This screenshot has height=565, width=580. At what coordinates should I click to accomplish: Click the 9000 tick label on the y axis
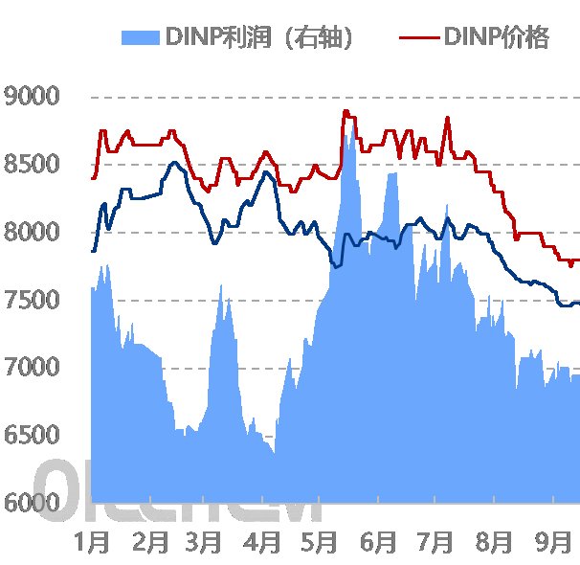(32, 97)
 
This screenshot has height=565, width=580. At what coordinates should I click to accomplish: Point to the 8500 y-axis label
(32, 165)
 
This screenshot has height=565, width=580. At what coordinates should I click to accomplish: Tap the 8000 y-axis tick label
(32, 233)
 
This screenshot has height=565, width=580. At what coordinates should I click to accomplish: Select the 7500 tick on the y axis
(32, 301)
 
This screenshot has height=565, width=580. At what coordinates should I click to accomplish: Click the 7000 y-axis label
(32, 368)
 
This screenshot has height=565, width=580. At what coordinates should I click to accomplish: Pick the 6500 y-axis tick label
(32, 436)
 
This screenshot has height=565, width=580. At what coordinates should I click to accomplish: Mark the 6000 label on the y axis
(32, 504)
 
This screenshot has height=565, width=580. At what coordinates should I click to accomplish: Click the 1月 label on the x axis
(93, 542)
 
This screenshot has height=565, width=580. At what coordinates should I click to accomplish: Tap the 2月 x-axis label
(150, 542)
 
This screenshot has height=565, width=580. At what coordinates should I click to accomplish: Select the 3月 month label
(206, 542)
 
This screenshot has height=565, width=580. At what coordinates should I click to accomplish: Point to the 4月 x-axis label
(263, 542)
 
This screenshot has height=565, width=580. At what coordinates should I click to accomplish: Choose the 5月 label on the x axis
(320, 542)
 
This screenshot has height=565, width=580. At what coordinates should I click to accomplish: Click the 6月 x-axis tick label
(378, 542)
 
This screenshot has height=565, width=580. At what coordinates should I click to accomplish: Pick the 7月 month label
(435, 542)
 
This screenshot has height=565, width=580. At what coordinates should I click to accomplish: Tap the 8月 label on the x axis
(494, 542)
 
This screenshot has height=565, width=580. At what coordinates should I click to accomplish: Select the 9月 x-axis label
(551, 542)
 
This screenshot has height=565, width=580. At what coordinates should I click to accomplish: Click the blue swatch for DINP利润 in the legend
(141, 38)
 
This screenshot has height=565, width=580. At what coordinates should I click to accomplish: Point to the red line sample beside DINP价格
(418, 37)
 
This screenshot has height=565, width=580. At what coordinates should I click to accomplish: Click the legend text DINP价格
(496, 37)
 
